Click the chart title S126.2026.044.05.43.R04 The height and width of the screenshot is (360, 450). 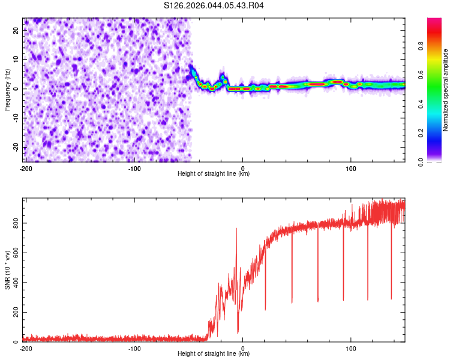click(x=214, y=5)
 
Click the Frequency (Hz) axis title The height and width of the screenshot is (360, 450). click(x=7, y=90)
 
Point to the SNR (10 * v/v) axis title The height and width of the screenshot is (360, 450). click(x=7, y=270)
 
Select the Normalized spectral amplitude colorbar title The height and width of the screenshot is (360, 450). click(x=445, y=90)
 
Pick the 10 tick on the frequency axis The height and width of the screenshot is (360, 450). click(x=16, y=60)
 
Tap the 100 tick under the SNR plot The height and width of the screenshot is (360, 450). click(x=350, y=349)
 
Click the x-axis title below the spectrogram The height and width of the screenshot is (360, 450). click(x=214, y=174)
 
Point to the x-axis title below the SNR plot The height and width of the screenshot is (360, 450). click(x=214, y=354)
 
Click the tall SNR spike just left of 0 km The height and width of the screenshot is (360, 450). click(x=236, y=229)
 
